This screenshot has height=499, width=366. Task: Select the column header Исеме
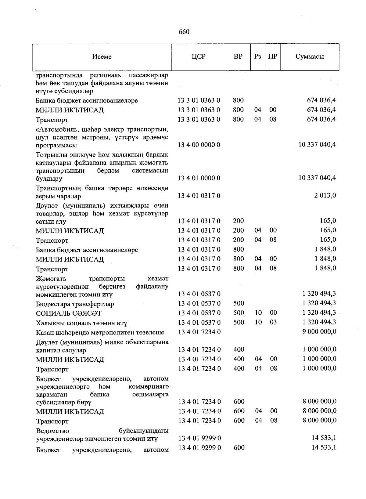tap(102, 57)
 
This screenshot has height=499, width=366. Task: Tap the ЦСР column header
tap(199, 56)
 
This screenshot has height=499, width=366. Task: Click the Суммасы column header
tap(310, 56)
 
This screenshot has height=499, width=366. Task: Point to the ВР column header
tap(238, 56)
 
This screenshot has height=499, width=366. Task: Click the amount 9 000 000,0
tap(319, 332)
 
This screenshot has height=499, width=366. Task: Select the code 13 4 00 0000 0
tap(199, 145)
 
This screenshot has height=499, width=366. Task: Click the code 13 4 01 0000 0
tap(199, 178)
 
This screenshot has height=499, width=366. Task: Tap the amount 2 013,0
tap(325, 195)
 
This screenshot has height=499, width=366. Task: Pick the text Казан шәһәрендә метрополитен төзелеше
tap(100, 332)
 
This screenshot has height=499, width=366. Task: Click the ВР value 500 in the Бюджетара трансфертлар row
tap(239, 303)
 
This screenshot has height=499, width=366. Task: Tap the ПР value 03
tap(273, 322)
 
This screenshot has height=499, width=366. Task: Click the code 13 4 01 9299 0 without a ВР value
tap(199, 438)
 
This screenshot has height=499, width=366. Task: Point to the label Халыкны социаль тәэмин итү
tap(81, 323)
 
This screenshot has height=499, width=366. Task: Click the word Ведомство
tap(52, 431)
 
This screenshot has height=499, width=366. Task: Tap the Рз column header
tap(258, 57)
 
